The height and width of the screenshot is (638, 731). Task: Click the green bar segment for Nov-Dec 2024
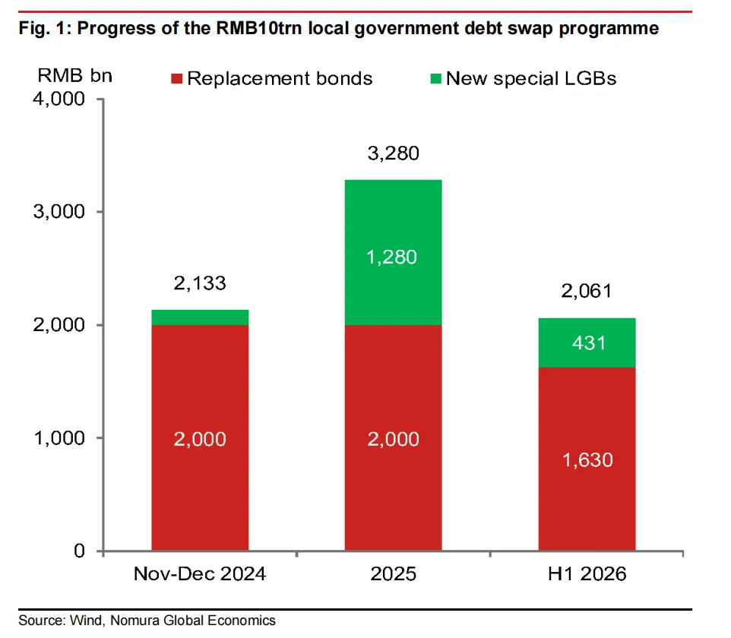(200, 317)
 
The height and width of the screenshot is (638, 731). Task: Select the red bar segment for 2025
(394, 437)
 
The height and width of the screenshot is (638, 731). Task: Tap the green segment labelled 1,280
(394, 252)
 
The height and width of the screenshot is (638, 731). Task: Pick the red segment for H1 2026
(587, 459)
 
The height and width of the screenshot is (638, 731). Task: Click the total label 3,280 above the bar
(394, 153)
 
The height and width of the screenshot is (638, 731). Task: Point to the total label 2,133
(200, 283)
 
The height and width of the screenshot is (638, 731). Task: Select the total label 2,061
(587, 291)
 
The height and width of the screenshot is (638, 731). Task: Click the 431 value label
(589, 343)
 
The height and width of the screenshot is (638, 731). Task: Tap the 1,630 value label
(587, 460)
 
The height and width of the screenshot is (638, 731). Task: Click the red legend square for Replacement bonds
(177, 78)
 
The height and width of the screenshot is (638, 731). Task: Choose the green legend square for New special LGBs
(436, 78)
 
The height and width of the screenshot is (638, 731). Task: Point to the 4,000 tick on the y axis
(59, 99)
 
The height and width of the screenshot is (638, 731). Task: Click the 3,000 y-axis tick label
(59, 212)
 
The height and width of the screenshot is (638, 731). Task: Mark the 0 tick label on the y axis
(79, 551)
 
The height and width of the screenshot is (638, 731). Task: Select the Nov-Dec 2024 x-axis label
(200, 573)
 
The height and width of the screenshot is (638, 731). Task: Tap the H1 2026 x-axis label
(587, 573)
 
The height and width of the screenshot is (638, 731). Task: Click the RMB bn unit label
(74, 75)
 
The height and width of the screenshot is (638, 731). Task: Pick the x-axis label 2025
(394, 573)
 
